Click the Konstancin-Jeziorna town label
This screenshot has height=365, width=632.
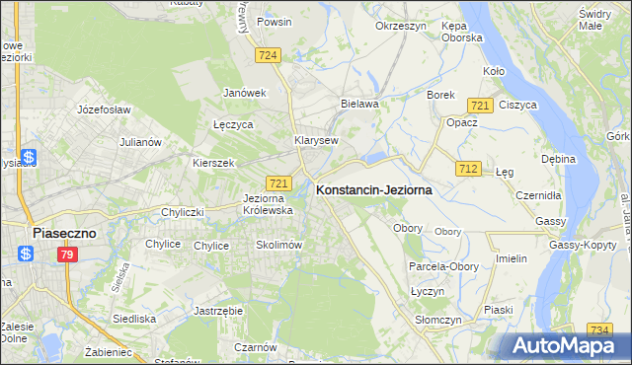(373, 193)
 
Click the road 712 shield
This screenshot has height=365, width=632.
(468, 170)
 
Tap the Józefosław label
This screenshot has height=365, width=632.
(104, 109)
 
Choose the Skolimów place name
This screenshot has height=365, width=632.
(277, 245)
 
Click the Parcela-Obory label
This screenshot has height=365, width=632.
(442, 266)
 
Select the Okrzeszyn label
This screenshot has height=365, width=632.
(400, 26)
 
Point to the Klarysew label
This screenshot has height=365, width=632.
(316, 140)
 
